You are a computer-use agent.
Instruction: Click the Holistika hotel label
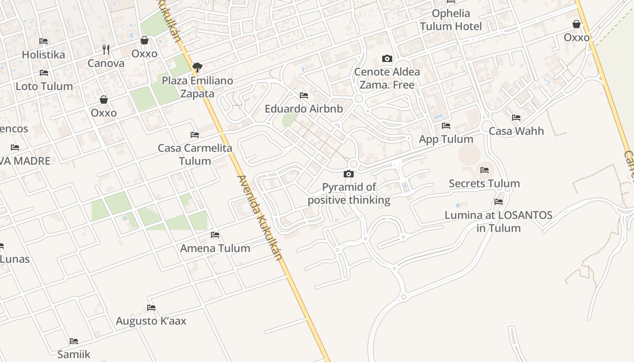43,55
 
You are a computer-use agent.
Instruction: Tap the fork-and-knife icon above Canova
106,49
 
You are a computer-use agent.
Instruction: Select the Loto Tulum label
44,86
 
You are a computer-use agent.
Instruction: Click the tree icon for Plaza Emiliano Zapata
197,67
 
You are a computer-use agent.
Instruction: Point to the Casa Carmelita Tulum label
195,154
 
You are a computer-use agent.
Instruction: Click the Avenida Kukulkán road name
259,217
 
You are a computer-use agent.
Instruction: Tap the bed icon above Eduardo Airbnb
304,95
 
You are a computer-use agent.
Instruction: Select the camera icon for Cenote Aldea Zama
387,58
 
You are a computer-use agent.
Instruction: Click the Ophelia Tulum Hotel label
451,20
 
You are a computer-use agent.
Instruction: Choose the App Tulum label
446,139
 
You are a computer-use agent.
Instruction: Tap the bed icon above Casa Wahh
516,118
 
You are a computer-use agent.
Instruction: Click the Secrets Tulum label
484,184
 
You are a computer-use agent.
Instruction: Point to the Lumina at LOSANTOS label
498,221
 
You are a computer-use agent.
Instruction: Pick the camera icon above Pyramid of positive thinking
348,174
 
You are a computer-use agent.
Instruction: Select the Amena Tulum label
215,248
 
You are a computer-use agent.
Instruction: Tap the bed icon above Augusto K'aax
151,308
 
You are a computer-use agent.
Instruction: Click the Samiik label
74,354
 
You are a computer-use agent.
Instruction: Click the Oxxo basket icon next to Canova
144,41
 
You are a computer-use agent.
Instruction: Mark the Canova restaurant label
106,63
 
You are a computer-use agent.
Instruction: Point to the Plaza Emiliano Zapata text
197,87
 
